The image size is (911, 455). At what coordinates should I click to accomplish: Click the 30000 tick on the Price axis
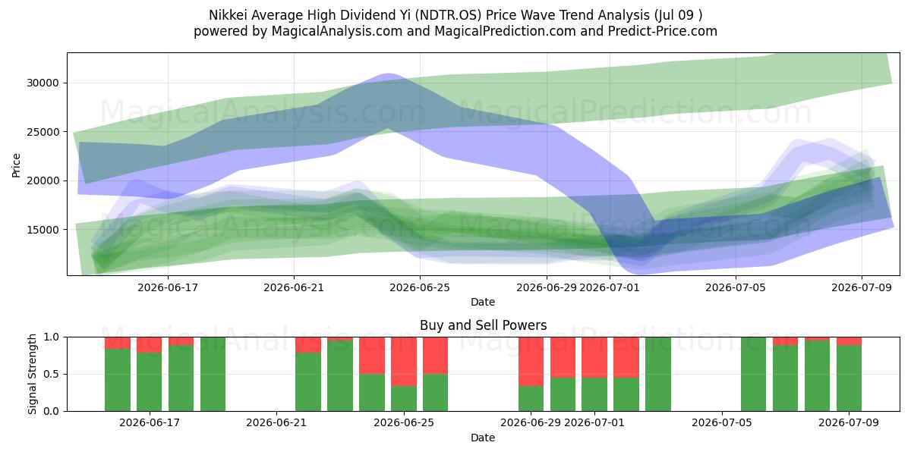pyautogui.click(x=43, y=83)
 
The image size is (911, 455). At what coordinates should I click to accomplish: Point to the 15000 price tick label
pyautogui.click(x=43, y=230)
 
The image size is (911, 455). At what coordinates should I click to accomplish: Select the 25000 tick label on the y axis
pyautogui.click(x=43, y=132)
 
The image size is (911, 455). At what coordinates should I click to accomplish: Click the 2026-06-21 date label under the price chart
pyautogui.click(x=294, y=287)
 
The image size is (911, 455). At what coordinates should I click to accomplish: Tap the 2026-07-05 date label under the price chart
pyautogui.click(x=736, y=287)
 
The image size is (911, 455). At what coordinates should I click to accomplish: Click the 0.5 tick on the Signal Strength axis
pyautogui.click(x=52, y=374)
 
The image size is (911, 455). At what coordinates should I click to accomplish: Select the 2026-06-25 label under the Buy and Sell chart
pyautogui.click(x=404, y=422)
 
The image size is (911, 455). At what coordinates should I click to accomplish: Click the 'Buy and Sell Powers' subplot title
pyautogui.click(x=483, y=325)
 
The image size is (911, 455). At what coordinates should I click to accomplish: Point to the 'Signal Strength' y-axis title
pyautogui.click(x=32, y=374)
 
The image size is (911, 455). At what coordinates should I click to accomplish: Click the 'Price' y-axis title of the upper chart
pyautogui.click(x=16, y=165)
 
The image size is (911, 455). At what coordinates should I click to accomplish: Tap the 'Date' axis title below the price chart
pyautogui.click(x=483, y=302)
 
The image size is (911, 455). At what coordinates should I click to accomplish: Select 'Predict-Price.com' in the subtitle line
pyautogui.click(x=663, y=31)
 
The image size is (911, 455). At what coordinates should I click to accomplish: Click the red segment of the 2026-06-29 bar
pyautogui.click(x=531, y=362)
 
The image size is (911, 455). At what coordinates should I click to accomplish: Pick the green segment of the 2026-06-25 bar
pyautogui.click(x=435, y=393)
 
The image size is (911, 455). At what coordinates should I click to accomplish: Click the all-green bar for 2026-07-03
pyautogui.click(x=658, y=374)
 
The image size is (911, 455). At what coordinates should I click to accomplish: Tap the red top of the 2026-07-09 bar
pyautogui.click(x=849, y=341)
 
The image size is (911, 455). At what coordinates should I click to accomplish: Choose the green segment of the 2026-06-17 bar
pyautogui.click(x=149, y=382)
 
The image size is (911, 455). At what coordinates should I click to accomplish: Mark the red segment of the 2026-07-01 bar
pyautogui.click(x=594, y=357)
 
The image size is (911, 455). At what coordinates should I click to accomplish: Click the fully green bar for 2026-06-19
pyautogui.click(x=213, y=374)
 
